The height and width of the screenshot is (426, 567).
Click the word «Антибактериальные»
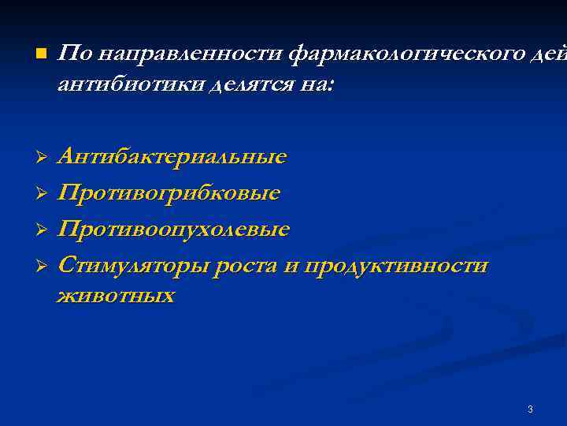[x=172, y=156]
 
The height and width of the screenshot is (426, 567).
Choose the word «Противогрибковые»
[x=169, y=192]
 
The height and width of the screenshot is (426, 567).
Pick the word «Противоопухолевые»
[x=174, y=229]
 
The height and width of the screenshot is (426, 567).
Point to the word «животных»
[x=116, y=295]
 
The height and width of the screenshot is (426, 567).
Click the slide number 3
[x=530, y=409]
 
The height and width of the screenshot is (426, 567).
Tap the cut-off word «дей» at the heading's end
[x=549, y=54]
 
